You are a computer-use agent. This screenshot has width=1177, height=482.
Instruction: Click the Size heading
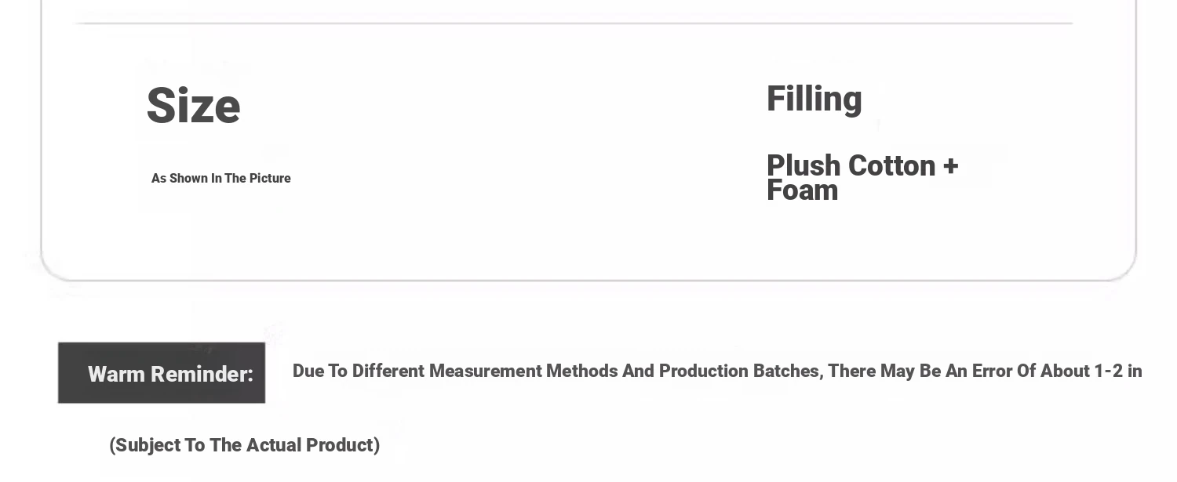193,106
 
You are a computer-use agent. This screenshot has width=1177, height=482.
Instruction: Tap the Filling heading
814,100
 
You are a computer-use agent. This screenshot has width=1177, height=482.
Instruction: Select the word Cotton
891,165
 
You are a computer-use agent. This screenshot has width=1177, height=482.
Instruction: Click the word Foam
803,190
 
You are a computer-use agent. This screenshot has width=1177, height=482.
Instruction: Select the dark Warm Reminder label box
162,373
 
